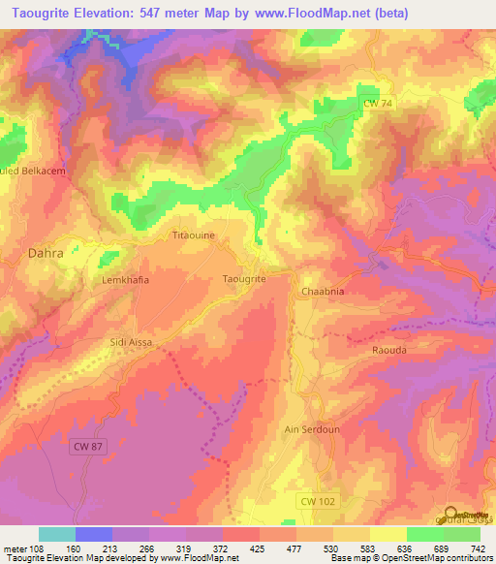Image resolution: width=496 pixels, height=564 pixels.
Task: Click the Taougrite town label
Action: (x=244, y=278)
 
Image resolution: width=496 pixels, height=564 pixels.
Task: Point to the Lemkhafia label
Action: (x=123, y=279)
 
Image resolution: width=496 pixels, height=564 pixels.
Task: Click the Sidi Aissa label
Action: (x=131, y=342)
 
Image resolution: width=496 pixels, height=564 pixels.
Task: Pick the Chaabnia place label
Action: (x=324, y=291)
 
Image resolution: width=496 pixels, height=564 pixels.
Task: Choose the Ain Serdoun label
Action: (x=309, y=428)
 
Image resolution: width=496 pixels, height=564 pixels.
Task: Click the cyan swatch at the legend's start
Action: (x=57, y=533)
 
